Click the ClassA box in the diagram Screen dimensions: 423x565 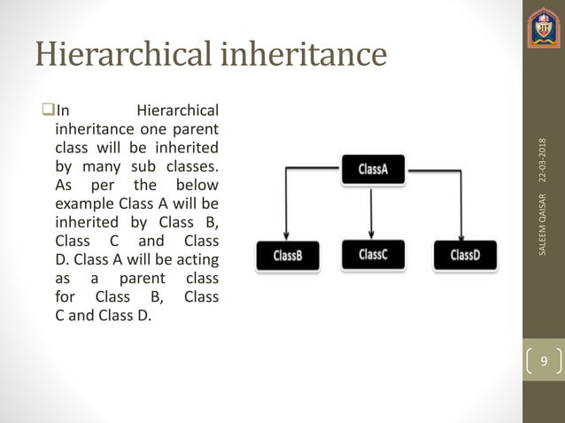click(x=372, y=169)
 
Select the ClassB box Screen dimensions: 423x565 click(x=288, y=256)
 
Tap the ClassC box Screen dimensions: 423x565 click(x=372, y=255)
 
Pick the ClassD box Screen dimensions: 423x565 click(x=465, y=256)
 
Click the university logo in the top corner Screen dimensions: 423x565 click(x=544, y=29)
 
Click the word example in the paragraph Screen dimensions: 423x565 click(x=83, y=204)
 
